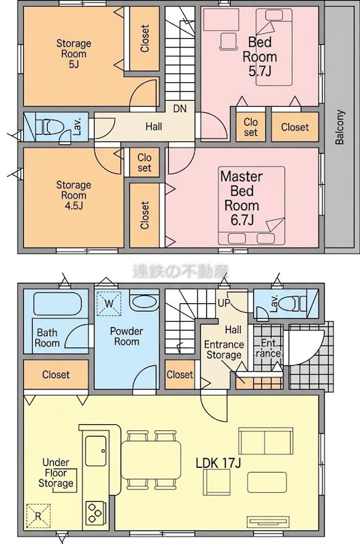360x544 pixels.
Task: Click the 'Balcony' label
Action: click(x=340, y=127)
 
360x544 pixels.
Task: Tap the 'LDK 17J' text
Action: click(x=218, y=462)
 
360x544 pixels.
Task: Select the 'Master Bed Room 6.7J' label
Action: click(x=242, y=198)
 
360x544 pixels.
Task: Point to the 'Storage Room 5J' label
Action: click(x=73, y=54)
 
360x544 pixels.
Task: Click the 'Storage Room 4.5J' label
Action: click(x=73, y=195)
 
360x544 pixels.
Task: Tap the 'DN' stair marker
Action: click(x=180, y=109)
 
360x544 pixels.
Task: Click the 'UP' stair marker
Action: click(x=225, y=303)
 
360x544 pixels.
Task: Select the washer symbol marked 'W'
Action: click(x=109, y=304)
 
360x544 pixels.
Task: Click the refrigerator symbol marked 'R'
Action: click(x=38, y=516)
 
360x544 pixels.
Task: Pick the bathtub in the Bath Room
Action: click(x=57, y=303)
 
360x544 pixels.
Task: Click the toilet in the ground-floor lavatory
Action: click(x=293, y=303)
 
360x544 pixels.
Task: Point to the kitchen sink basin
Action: click(x=96, y=452)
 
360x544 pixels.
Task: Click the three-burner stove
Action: click(x=95, y=512)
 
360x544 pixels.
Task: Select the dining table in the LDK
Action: click(x=151, y=460)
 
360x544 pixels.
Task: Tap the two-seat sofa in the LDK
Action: click(x=265, y=441)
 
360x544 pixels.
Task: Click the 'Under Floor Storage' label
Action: click(x=56, y=473)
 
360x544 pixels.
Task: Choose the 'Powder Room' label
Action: click(x=127, y=336)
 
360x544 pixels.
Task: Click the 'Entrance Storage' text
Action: click(x=224, y=350)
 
